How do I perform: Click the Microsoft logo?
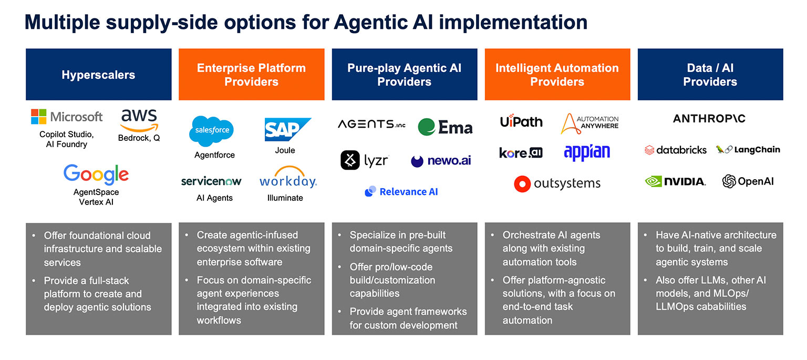coord(67,117)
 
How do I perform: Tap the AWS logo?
coord(139,120)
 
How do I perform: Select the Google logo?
coord(96,174)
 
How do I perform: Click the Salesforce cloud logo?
coord(211,131)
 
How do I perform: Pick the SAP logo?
coord(287,129)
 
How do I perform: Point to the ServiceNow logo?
coord(211,181)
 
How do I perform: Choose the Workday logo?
coord(288,180)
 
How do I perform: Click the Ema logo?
coord(446,127)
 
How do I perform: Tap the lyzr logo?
coord(364,160)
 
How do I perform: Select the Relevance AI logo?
coord(401,192)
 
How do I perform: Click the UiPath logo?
coord(521,122)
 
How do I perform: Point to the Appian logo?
coord(587,152)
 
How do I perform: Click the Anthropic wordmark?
coord(709,119)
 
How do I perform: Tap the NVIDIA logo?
coord(676,182)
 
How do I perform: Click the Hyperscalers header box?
coord(99,75)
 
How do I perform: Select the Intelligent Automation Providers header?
coord(557,75)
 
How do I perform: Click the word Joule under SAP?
coord(285,150)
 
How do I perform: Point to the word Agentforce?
coord(214,155)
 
